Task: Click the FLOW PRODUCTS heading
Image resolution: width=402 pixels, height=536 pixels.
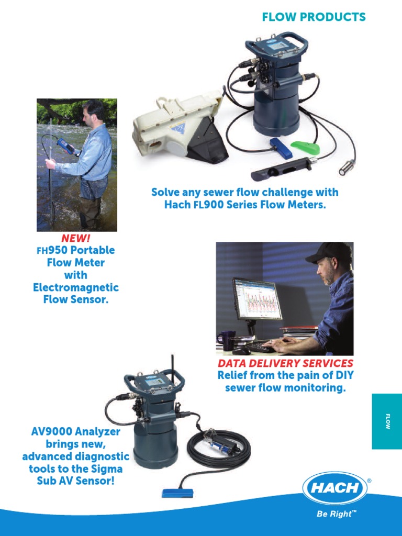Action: [x=314, y=17]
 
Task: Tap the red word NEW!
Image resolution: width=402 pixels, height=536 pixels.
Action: [x=76, y=239]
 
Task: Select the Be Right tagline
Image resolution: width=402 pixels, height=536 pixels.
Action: [x=337, y=514]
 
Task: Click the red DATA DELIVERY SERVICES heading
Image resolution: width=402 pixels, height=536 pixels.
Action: [x=285, y=363]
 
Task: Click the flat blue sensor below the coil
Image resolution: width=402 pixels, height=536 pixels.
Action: [x=178, y=493]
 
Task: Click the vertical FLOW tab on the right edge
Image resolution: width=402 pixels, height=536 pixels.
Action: [x=387, y=421]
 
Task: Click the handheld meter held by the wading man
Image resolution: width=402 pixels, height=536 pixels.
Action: [x=68, y=146]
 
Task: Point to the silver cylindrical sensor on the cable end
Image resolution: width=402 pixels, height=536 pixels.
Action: [x=347, y=169]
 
